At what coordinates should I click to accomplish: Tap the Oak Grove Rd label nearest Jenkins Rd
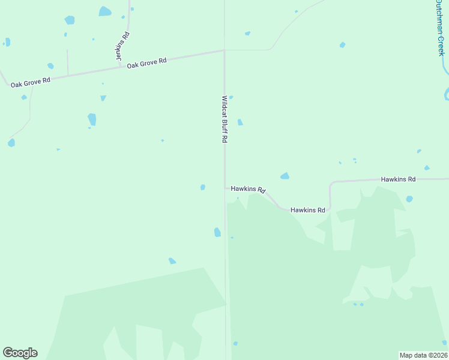point(146,62)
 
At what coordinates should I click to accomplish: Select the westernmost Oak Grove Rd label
point(30,81)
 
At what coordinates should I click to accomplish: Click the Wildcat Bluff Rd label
point(224,119)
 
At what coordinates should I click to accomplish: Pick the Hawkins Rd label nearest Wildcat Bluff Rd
point(248,189)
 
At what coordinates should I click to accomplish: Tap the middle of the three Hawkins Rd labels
point(307,210)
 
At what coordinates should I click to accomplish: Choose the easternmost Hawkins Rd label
point(398,179)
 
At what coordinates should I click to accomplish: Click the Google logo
point(20,353)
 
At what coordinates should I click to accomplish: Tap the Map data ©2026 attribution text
point(423,355)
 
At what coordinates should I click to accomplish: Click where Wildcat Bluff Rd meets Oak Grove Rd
point(224,50)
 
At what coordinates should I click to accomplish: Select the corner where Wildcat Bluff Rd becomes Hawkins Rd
point(226,188)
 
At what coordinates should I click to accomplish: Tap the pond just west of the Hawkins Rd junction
point(203,187)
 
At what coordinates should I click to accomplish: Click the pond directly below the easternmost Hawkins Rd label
point(409,199)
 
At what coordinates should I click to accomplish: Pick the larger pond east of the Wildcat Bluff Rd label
point(240,122)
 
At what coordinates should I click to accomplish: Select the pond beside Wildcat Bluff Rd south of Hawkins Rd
point(217,232)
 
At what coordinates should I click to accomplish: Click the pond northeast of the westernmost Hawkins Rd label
point(285,176)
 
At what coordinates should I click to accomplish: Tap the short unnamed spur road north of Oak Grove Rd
point(67,62)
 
